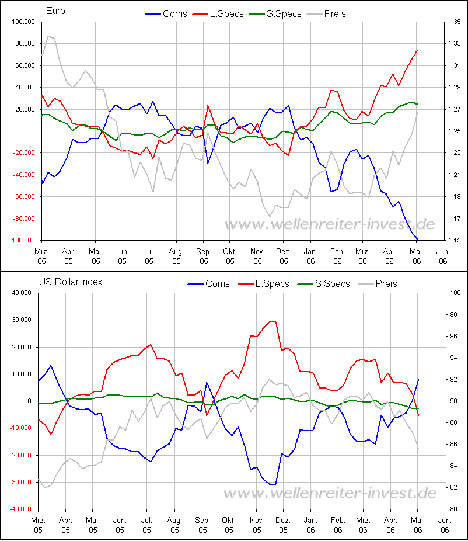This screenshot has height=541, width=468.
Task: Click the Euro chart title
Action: pos(55,11)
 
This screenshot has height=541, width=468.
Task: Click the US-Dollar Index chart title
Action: pos(71,282)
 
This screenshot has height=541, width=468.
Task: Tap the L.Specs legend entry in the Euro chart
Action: pos(226,13)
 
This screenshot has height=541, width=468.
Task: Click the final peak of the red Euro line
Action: pos(417,50)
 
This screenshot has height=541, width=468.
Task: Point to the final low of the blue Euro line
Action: pos(417,240)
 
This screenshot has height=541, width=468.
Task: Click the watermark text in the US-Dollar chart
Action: pos(330,493)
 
